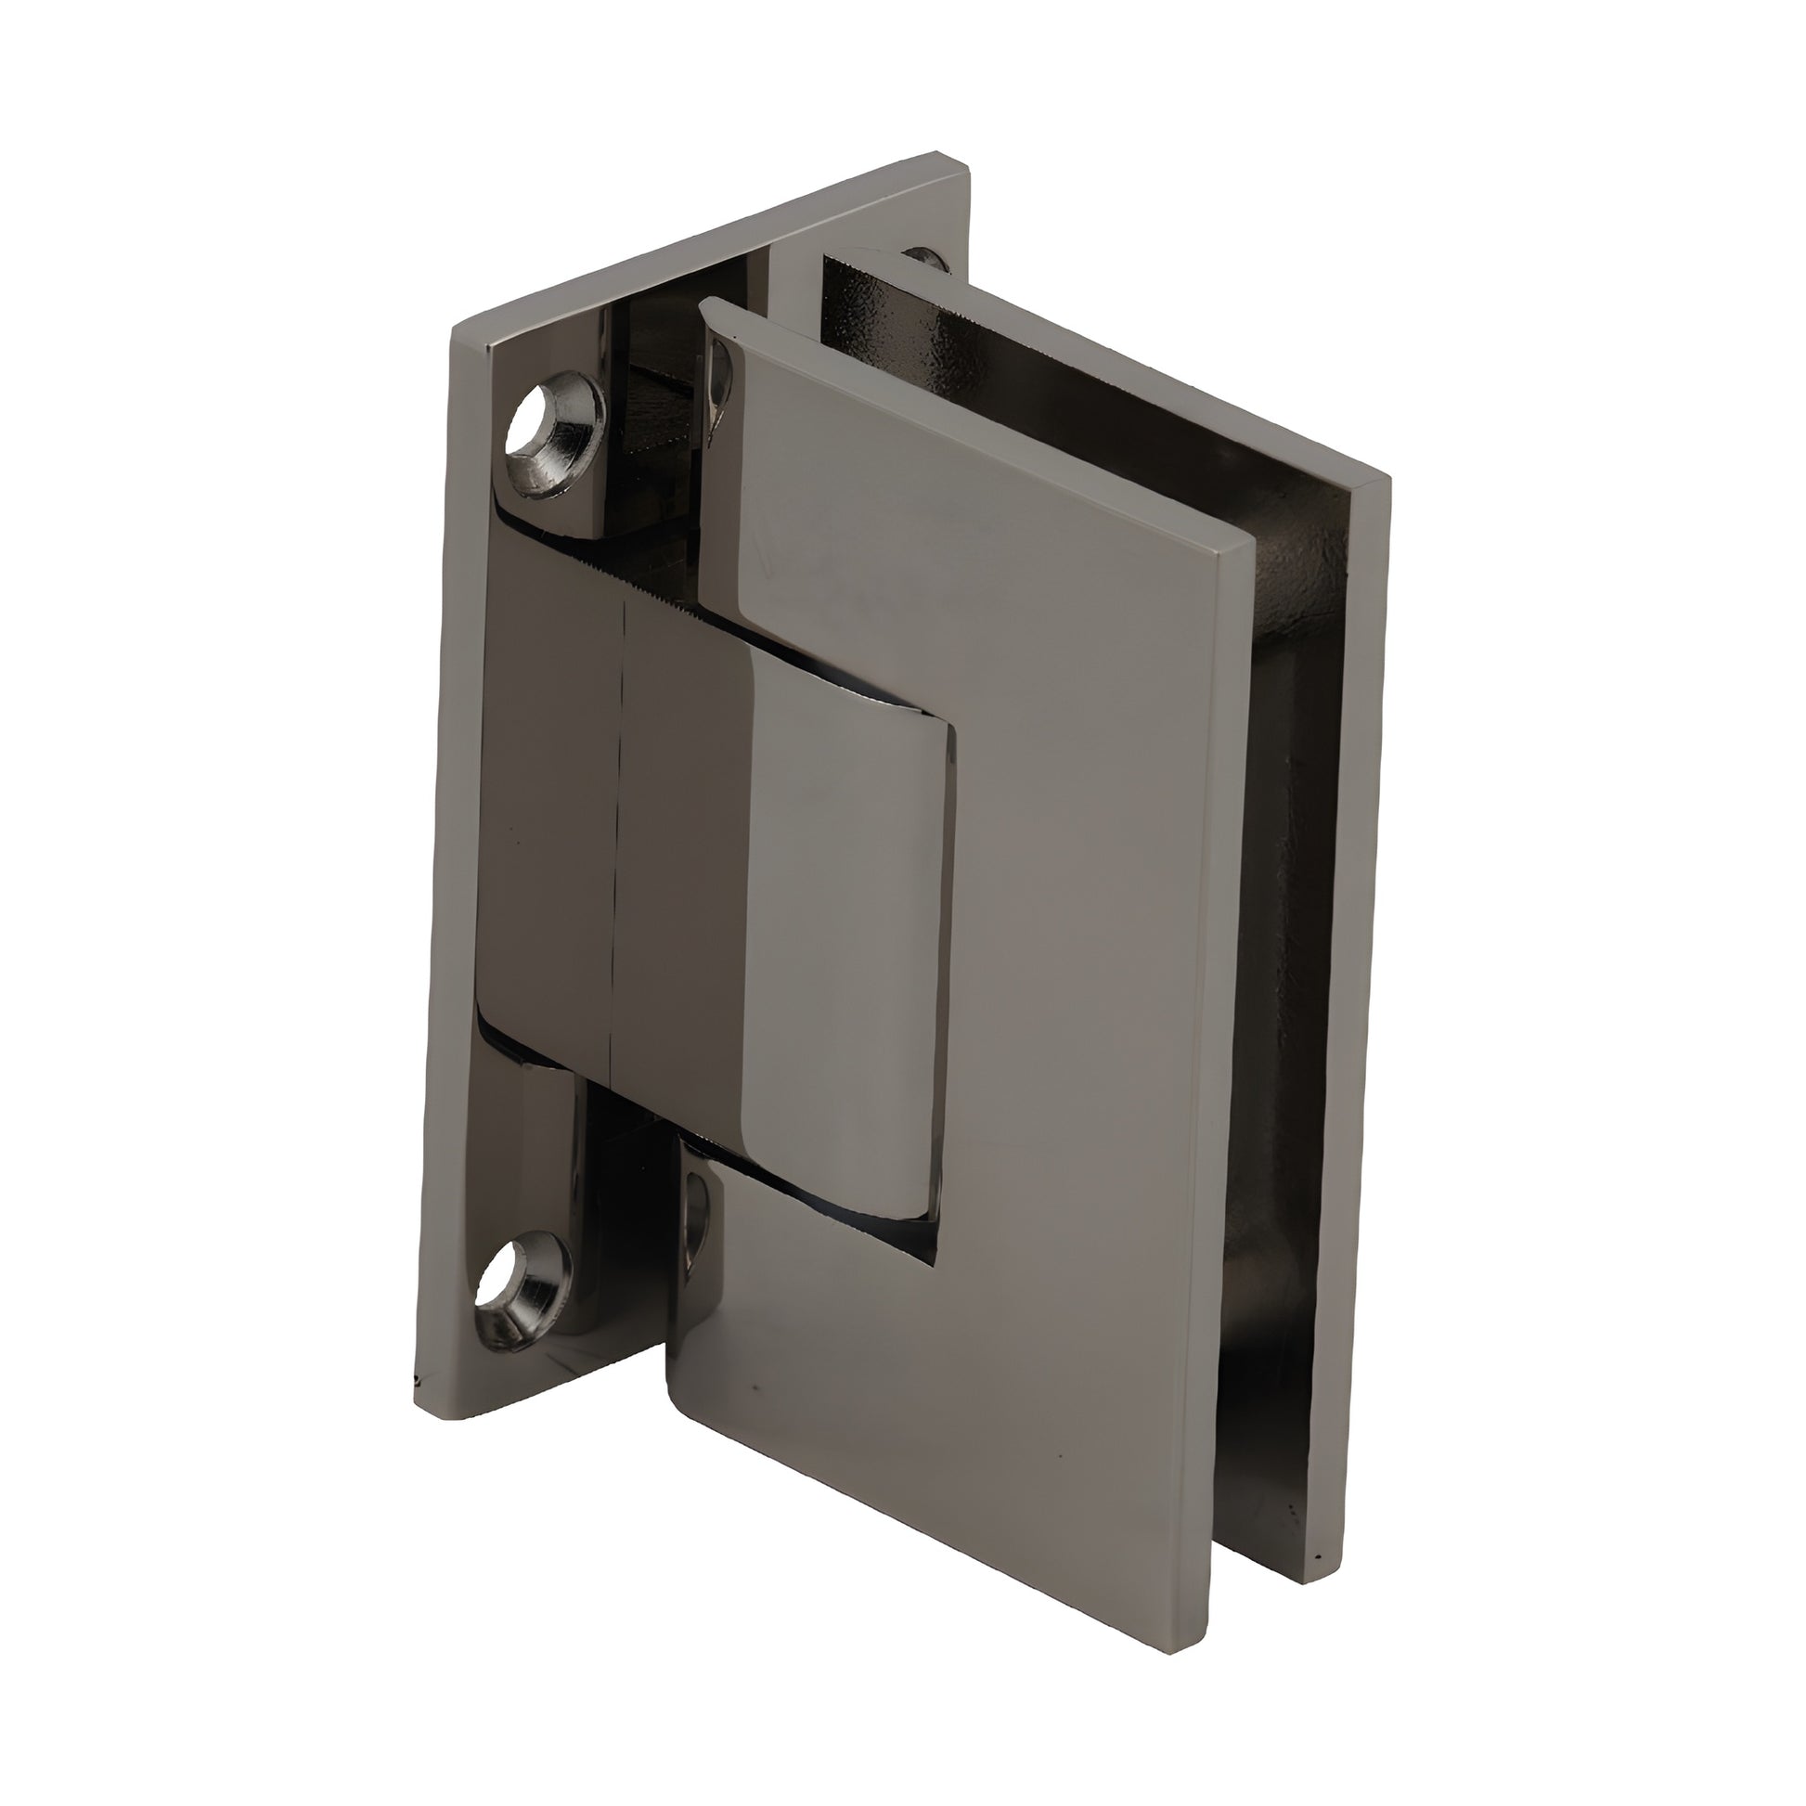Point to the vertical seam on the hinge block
click(x=616, y=842)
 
